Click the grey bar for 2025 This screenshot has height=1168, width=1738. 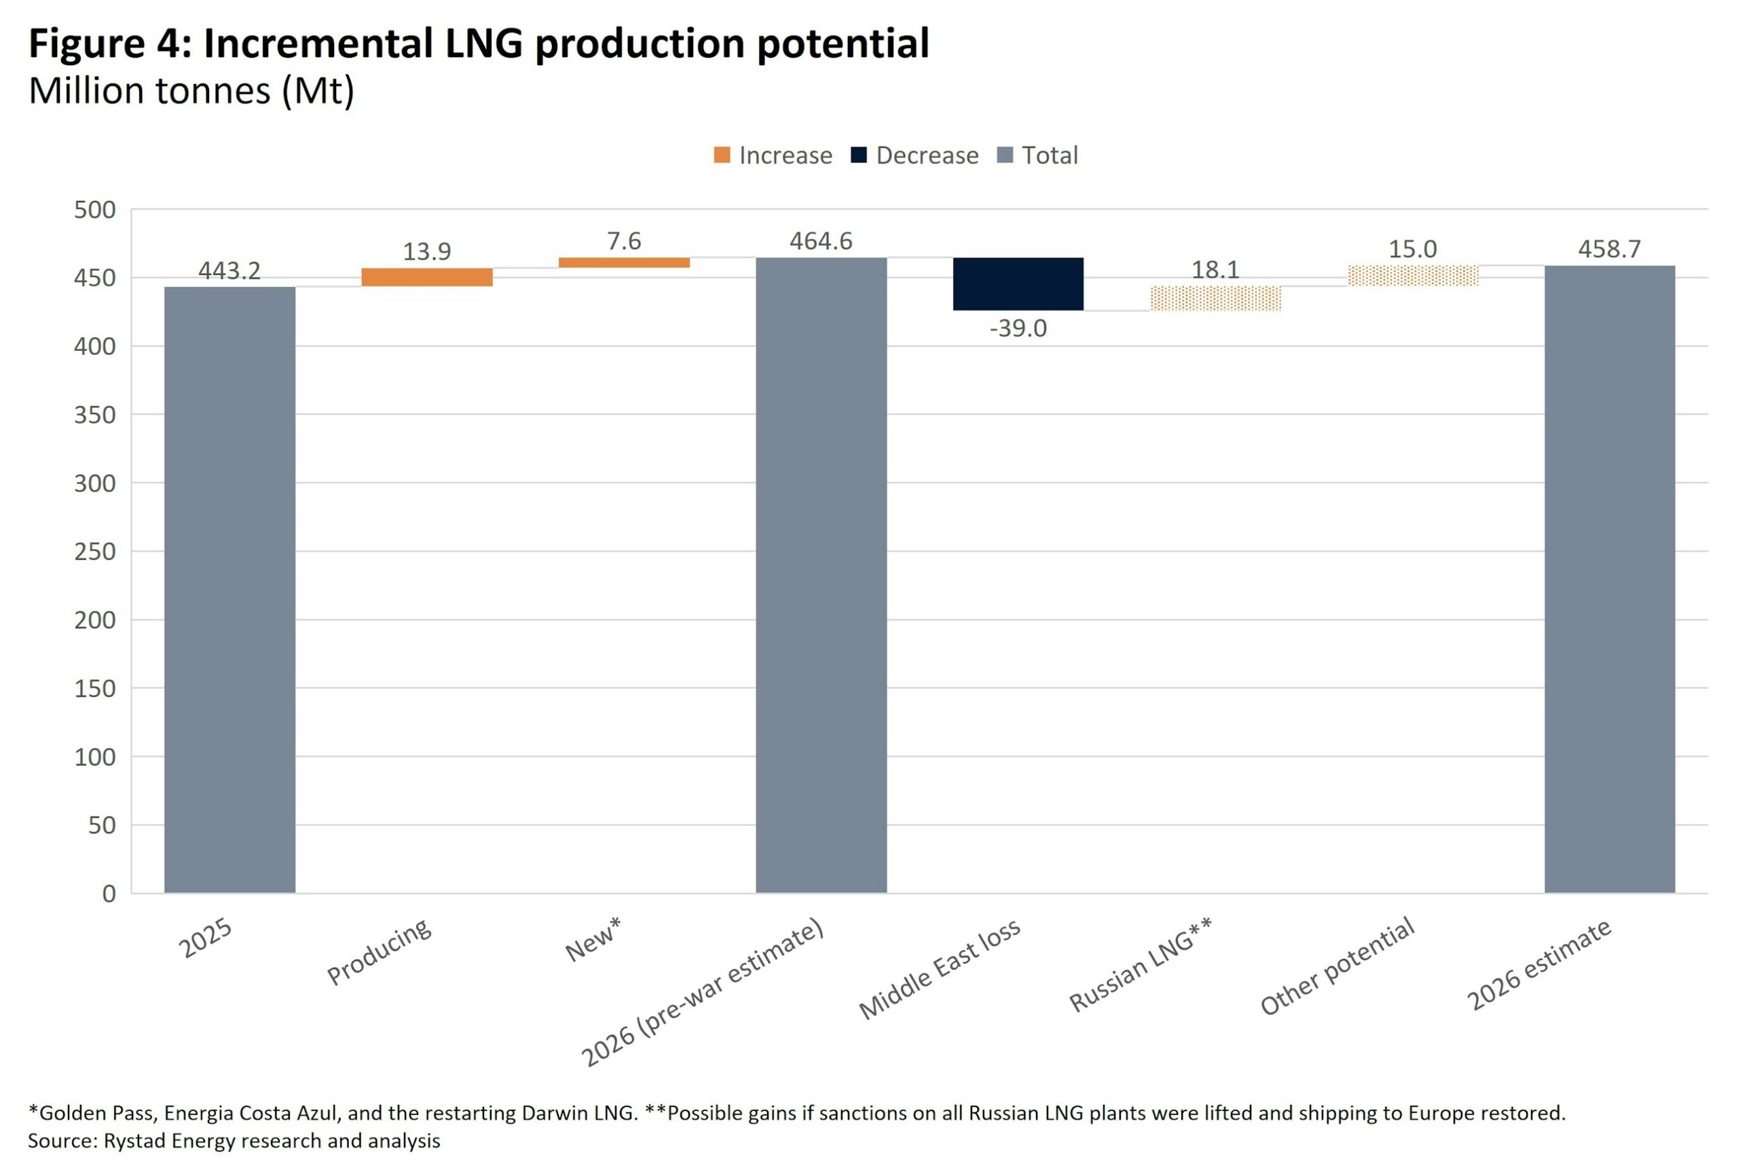[x=229, y=588]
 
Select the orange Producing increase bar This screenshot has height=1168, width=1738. [x=427, y=277]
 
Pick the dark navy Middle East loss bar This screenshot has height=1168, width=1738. [x=1018, y=284]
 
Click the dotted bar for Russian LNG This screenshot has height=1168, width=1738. [x=1215, y=298]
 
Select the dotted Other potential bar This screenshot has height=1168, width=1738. [x=1412, y=276]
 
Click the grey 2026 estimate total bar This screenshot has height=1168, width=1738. [x=1609, y=579]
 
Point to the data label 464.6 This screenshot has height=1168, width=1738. [x=821, y=241]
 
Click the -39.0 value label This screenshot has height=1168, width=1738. [x=1018, y=328]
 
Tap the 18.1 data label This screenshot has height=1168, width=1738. [x=1215, y=269]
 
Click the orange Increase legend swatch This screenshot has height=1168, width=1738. [x=722, y=155]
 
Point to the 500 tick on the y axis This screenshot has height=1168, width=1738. [x=94, y=210]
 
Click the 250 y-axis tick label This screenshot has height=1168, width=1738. [x=94, y=552]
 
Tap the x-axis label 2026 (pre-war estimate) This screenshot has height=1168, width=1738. [x=703, y=992]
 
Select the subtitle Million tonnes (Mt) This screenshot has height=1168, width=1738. [x=191, y=91]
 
